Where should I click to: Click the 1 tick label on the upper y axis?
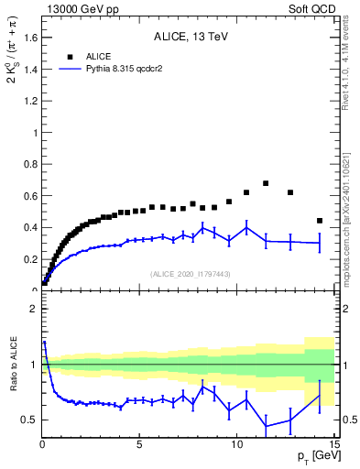tap(34, 133)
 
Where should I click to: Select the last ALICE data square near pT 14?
tap(319, 221)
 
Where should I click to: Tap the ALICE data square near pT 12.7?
tap(290, 192)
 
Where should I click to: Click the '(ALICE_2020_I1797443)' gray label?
tap(190, 274)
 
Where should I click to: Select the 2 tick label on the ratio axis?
tap(34, 310)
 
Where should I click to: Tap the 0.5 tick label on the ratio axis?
tap(30, 420)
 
